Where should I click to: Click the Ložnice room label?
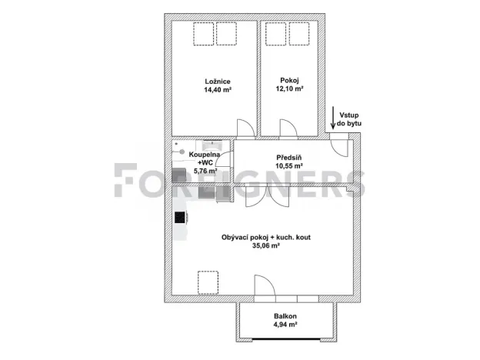point(218,82)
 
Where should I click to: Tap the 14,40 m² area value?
point(218,90)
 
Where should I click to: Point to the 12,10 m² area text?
point(289,89)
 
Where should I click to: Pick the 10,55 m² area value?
point(289,165)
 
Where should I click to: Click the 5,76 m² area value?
point(205,171)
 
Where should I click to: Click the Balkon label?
point(285,317)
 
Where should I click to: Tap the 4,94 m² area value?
point(285,325)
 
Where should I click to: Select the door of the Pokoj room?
point(288,128)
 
